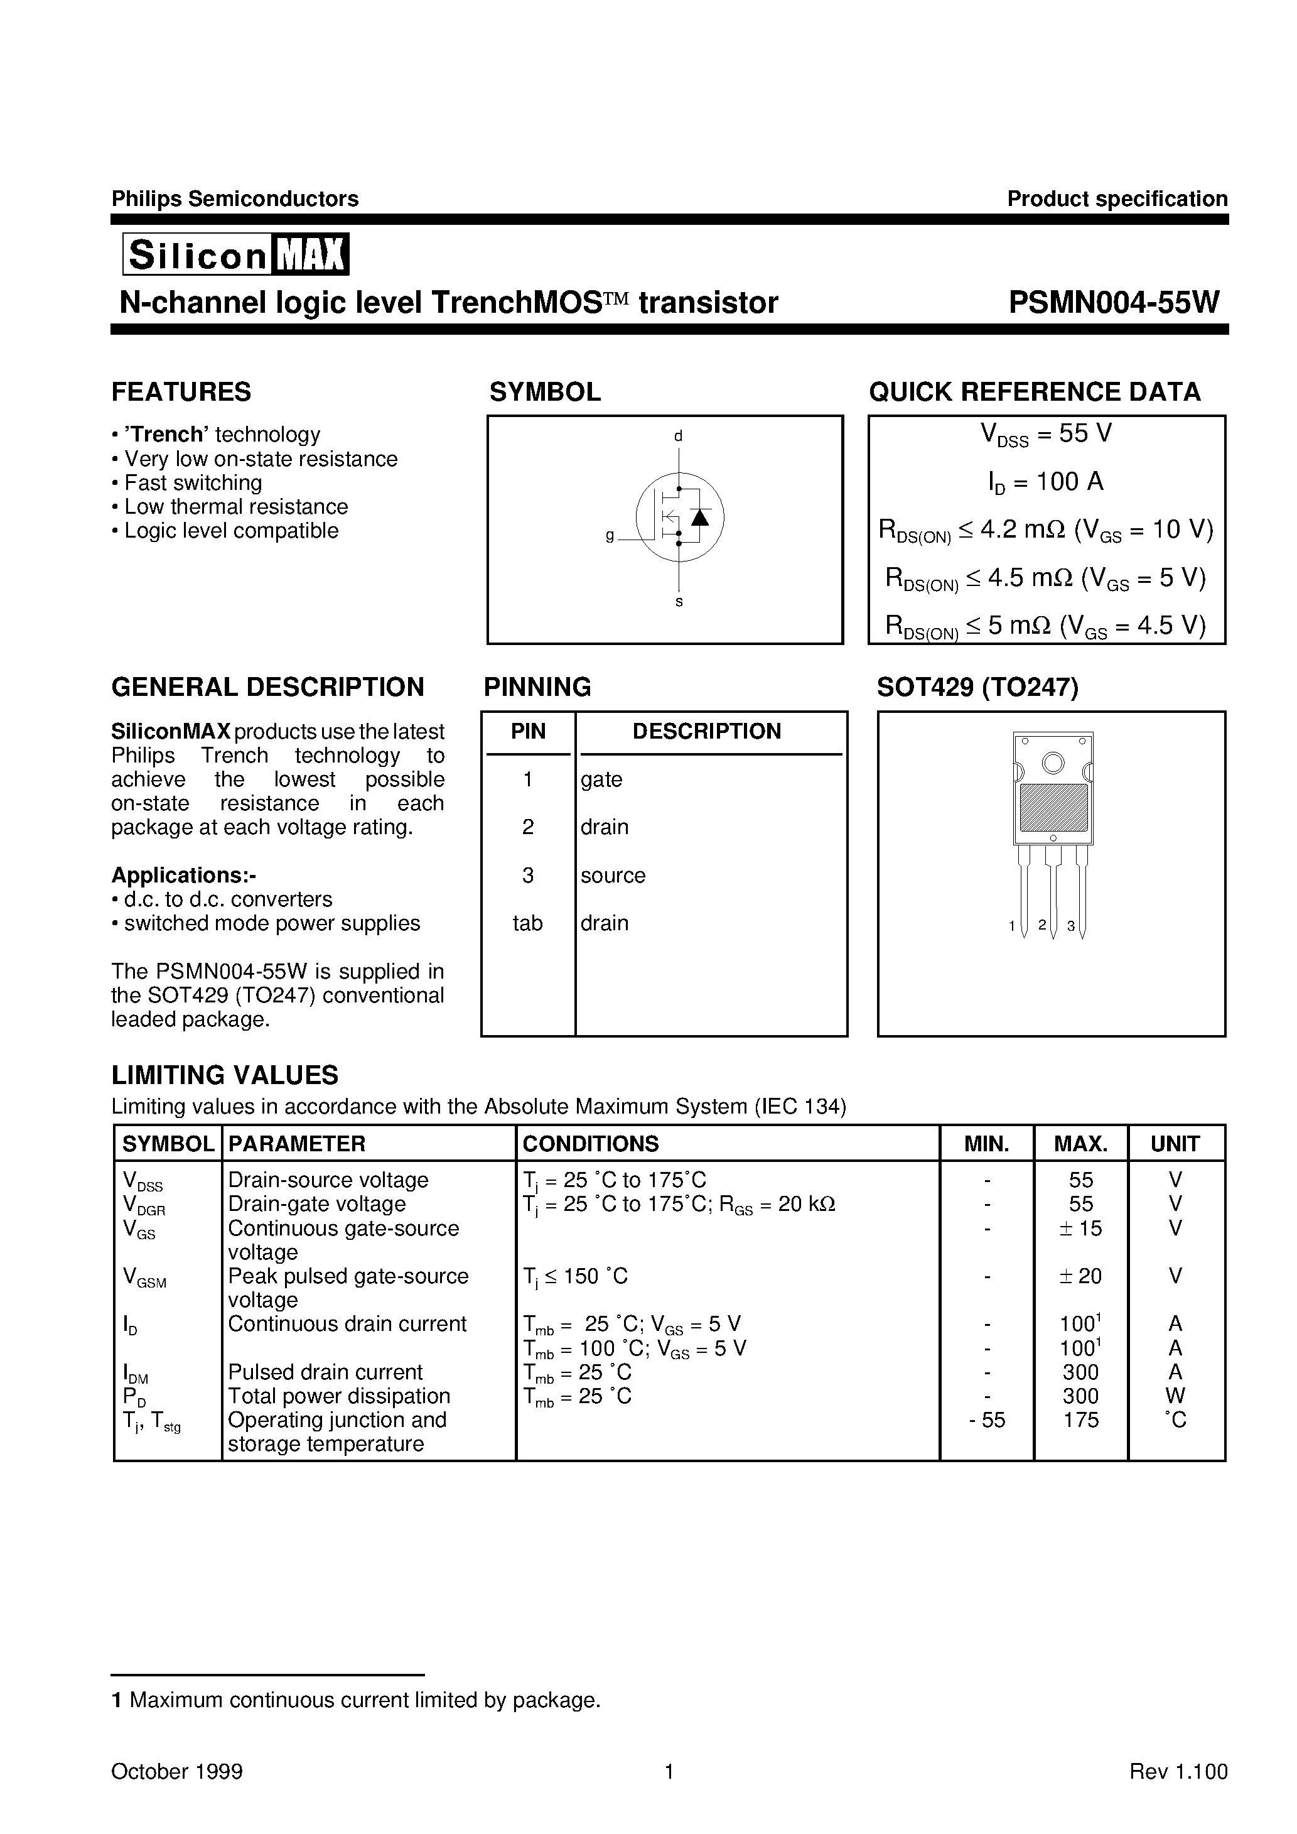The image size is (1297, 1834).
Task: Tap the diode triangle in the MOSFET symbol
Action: (699, 517)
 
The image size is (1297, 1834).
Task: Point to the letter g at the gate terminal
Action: (610, 536)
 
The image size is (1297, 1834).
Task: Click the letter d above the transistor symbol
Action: (678, 436)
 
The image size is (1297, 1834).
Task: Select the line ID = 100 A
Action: (1045, 482)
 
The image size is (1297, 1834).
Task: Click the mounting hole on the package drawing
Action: (1053, 764)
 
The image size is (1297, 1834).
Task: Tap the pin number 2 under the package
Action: (1041, 925)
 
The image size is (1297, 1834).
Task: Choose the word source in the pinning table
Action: (613, 876)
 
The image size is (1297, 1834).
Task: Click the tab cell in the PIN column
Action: (527, 923)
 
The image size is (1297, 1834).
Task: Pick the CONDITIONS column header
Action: (590, 1144)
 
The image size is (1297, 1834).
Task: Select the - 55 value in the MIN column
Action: (987, 1420)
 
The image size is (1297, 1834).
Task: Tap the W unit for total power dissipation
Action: (1175, 1396)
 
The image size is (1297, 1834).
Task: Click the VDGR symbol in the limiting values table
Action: (144, 1205)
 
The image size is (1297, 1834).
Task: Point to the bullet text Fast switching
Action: (193, 483)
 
